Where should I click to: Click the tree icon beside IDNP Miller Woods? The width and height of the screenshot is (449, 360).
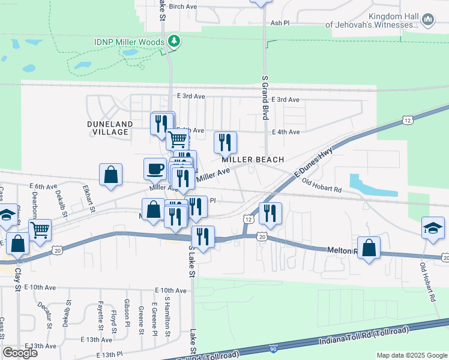[x=175, y=41]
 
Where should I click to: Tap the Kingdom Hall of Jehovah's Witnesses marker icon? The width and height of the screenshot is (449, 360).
[x=428, y=21]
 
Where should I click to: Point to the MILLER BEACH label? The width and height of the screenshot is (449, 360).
[x=252, y=160]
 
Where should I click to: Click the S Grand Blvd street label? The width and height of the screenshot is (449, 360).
[x=264, y=97]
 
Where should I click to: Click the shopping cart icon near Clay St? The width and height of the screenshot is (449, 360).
[x=40, y=229]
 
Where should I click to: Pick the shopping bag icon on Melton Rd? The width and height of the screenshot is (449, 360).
[x=369, y=247]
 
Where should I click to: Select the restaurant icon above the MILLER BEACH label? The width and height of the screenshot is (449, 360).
[x=226, y=142]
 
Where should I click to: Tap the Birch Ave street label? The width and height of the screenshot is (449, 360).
[x=183, y=7]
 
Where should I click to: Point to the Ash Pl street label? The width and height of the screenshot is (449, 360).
[x=280, y=23]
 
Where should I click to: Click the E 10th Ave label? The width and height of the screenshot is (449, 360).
[x=170, y=290]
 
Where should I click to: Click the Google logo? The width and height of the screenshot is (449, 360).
[x=20, y=353]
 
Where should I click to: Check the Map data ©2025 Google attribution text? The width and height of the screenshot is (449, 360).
[x=411, y=355]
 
